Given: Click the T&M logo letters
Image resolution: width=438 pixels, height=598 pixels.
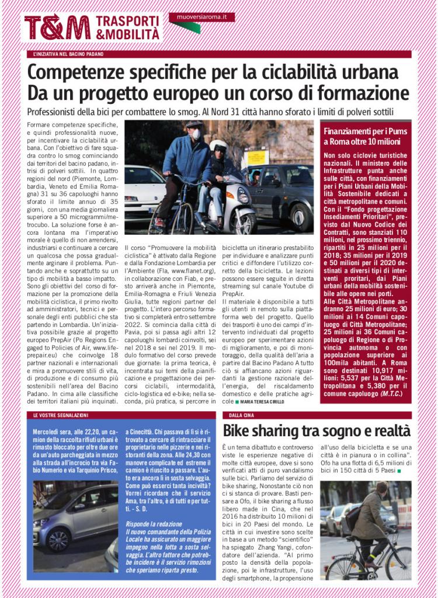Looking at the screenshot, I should tap(57, 27).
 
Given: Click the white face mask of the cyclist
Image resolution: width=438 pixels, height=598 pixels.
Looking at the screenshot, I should tap(197, 134).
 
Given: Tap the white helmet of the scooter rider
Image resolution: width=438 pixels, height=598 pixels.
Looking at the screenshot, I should tap(218, 146).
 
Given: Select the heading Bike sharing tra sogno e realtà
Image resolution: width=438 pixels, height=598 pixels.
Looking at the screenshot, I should tap(317, 432).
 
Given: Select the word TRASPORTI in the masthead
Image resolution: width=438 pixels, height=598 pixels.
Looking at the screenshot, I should tap(128, 20).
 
